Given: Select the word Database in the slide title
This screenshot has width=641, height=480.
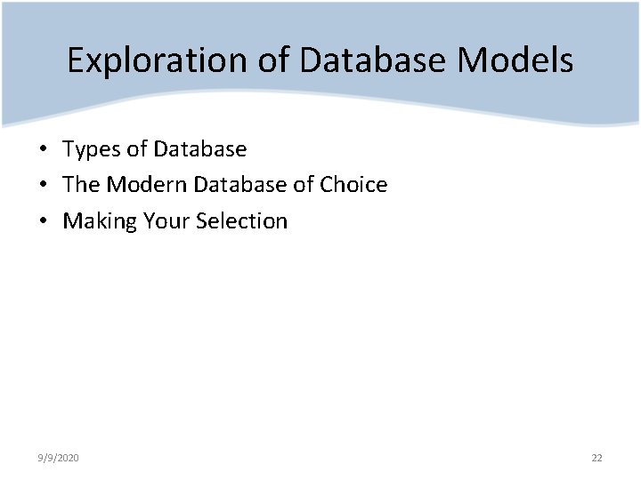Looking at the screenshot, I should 374,60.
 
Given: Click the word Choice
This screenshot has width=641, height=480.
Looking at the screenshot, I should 353,185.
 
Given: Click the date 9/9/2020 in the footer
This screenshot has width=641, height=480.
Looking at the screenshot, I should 59,458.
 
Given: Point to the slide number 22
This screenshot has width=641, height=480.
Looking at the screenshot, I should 596,458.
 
